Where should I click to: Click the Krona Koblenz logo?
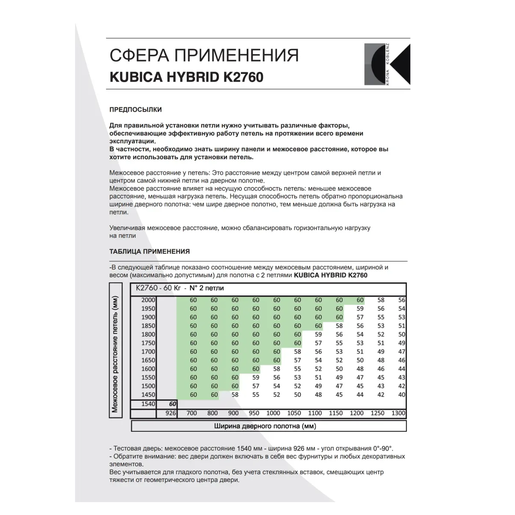click(387, 64)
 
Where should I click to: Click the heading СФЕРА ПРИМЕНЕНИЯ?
click(204, 56)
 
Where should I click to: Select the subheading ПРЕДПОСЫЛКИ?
click(136, 109)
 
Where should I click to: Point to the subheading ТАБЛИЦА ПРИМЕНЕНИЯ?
click(149, 251)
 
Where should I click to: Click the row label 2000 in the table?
click(148, 300)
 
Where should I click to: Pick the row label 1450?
click(148, 394)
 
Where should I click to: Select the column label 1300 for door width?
click(398, 413)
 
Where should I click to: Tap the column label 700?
click(192, 413)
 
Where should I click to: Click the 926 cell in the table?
click(170, 413)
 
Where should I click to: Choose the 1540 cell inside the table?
click(148, 404)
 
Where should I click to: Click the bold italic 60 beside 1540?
click(173, 404)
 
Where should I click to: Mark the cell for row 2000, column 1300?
click(401, 300)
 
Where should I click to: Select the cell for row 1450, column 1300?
click(401, 394)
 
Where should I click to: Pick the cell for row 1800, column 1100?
click(318, 334)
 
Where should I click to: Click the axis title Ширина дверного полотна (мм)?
click(265, 426)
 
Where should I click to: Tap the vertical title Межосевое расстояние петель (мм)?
click(115, 348)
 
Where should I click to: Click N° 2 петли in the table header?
click(206, 288)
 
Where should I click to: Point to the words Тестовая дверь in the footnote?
click(138, 448)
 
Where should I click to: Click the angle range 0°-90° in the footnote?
click(379, 448)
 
